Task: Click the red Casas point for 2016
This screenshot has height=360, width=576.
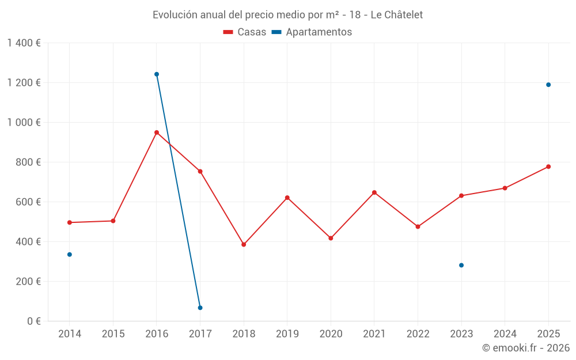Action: click(x=157, y=132)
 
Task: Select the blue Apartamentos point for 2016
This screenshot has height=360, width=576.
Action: click(x=157, y=74)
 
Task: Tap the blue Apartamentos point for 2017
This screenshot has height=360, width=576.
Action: click(x=200, y=308)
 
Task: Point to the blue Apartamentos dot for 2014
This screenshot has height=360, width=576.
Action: click(x=70, y=255)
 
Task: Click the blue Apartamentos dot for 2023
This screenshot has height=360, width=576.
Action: click(x=461, y=266)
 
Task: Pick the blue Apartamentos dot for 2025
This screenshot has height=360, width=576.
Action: click(x=548, y=85)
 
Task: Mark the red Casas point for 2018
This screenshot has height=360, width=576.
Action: click(x=244, y=245)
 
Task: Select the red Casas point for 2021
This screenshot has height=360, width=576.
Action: click(x=374, y=192)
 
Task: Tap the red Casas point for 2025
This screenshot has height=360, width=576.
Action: click(x=548, y=167)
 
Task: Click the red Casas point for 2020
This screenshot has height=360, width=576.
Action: click(x=331, y=238)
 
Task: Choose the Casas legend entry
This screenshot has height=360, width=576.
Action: click(x=245, y=32)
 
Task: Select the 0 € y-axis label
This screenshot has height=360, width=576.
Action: click(x=32, y=321)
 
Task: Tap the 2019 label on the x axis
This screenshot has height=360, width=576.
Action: click(x=287, y=334)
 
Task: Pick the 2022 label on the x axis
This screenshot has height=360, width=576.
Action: click(x=418, y=334)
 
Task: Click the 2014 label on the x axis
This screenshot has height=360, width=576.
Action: click(x=70, y=334)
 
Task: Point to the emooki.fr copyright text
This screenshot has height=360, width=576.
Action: click(x=526, y=348)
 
